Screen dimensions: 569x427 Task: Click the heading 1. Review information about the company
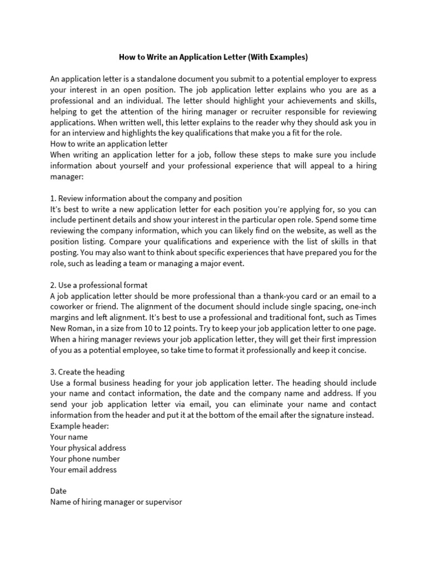click(146, 198)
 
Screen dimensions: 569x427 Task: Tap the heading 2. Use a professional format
click(98, 285)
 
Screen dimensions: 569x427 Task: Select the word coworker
click(68, 307)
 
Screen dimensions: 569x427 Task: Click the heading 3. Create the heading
click(87, 372)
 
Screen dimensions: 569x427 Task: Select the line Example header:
click(80, 426)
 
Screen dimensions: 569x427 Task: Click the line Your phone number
click(85, 459)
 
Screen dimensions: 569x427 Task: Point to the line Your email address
click(83, 470)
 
